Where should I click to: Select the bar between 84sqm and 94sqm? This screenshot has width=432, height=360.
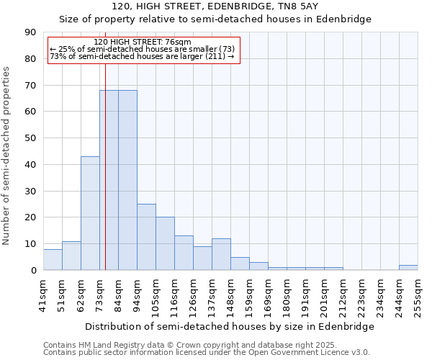[x=127, y=180]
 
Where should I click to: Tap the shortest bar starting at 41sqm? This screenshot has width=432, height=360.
[x=53, y=260]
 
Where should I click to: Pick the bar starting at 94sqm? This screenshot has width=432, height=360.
[x=146, y=237]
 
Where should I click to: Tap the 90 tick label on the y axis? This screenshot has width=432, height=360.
[x=30, y=32]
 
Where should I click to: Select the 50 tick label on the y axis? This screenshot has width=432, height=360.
[x=30, y=138]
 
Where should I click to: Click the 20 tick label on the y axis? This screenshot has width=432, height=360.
[x=30, y=217]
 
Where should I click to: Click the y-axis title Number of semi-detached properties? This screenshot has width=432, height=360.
[x=7, y=156]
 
